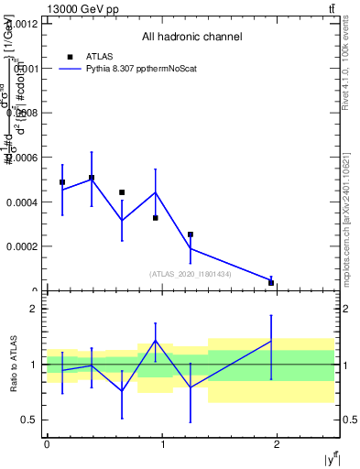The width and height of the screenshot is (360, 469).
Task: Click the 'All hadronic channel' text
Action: pos(191,38)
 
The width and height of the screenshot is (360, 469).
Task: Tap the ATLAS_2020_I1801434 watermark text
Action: pos(191,274)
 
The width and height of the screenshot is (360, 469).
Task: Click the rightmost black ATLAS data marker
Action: pos(271,283)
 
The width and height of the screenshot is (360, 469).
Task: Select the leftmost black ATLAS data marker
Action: pos(62,182)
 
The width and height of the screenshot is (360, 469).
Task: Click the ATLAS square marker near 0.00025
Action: pos(191,234)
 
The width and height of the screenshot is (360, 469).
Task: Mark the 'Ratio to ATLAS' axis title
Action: pos(13,364)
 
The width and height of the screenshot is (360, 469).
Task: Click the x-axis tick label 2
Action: pos(277,443)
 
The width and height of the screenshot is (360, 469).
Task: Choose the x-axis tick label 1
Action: pos(162,443)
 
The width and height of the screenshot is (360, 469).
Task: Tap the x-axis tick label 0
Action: pos(47,443)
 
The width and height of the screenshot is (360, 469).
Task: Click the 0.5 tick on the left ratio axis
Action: pos(30,420)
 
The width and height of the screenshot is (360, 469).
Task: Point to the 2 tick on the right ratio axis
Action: pos(344,309)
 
